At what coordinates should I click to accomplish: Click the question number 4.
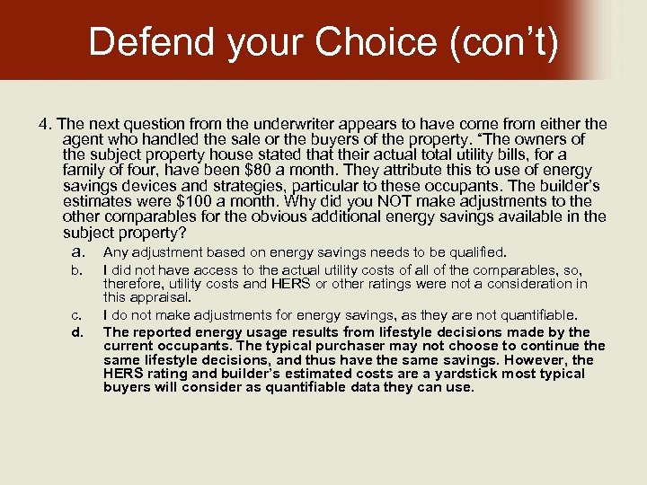[x=42, y=124]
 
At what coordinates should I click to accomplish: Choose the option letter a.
[x=79, y=252]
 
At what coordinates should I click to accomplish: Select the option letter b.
[x=77, y=270]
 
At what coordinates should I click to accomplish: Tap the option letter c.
[x=77, y=315]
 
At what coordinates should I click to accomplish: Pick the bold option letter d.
[x=77, y=332]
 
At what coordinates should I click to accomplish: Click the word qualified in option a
[x=475, y=252]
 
